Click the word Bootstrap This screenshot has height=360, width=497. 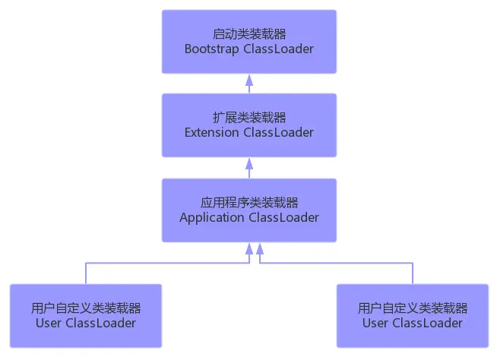(x=211, y=49)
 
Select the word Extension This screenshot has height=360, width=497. (x=212, y=132)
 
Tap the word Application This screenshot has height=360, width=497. (x=212, y=217)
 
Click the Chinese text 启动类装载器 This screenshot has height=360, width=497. (x=249, y=34)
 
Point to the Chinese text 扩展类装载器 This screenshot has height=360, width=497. (x=249, y=118)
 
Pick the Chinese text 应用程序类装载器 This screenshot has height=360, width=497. (x=249, y=203)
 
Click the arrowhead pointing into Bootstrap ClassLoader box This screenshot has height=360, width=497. (x=249, y=78)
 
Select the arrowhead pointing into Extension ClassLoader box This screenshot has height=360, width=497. (x=249, y=163)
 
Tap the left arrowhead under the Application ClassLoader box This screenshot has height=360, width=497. (x=249, y=248)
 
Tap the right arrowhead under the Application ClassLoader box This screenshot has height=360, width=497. (x=260, y=248)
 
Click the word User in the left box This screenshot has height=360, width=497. (x=49, y=323)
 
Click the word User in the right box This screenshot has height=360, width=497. (x=375, y=323)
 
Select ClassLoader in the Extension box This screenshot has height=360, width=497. (x=278, y=132)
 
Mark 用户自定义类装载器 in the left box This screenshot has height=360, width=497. (x=86, y=308)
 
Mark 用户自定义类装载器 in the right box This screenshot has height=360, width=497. (x=413, y=308)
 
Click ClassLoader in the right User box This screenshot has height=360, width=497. (x=427, y=323)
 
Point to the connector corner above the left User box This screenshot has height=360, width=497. (x=86, y=264)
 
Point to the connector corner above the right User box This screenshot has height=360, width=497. (x=413, y=264)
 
